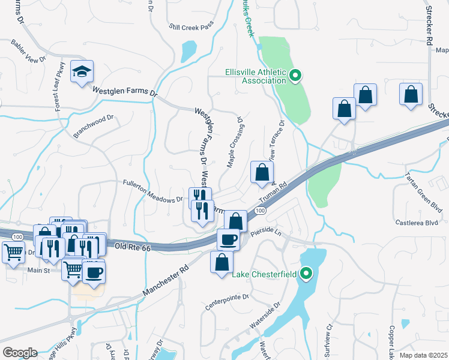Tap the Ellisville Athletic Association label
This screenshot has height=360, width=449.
coord(255,76)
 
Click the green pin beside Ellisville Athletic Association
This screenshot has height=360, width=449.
coord(295,76)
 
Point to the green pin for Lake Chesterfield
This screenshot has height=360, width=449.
coord(307,275)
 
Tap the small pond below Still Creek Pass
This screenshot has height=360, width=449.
coord(188,50)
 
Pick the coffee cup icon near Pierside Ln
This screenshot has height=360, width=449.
coord(228,239)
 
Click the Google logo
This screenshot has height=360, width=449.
coord(19,353)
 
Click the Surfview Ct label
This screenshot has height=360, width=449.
coord(329,338)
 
